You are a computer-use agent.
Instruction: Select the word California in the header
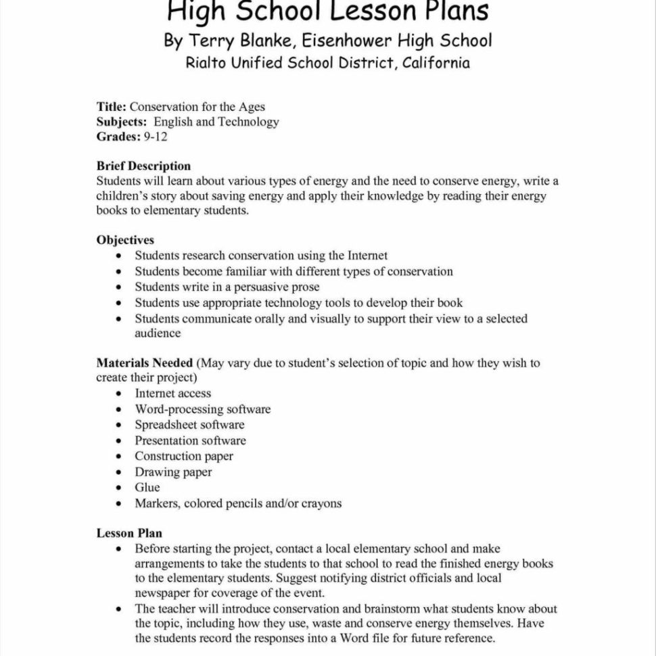point(436,63)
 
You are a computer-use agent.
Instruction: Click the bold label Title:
point(112,107)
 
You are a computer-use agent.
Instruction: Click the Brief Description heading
point(143,166)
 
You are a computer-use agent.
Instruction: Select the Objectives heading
point(125,240)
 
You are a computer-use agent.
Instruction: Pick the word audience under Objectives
point(158,333)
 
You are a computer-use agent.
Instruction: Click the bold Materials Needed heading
point(145,363)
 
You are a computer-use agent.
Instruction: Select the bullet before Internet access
point(119,394)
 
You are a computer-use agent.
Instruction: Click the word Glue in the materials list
point(147,488)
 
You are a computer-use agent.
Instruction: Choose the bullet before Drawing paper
point(119,473)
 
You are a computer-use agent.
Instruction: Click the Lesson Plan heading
point(129,534)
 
